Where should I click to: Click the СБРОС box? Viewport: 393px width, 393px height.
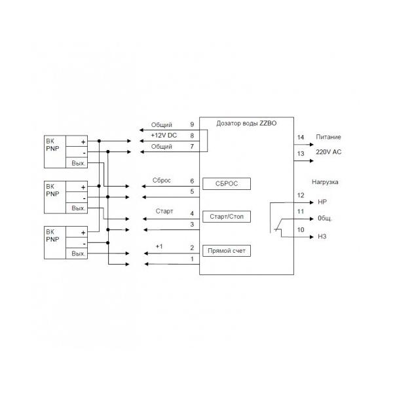point(227,183)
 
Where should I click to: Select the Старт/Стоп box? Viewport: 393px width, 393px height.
point(227,217)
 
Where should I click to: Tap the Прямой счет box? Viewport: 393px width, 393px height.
point(227,250)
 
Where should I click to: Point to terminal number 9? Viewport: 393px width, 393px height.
point(192,124)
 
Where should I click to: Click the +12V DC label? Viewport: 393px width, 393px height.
point(164,135)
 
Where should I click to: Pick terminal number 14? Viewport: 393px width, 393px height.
point(301,138)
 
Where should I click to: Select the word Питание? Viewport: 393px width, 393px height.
point(328,138)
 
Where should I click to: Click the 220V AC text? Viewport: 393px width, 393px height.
point(329,153)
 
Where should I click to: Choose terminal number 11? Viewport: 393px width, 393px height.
point(301,212)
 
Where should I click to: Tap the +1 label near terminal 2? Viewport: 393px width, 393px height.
point(159,246)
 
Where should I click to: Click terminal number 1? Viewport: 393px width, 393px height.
point(191,259)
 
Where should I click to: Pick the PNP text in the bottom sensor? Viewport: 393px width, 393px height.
point(53,239)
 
